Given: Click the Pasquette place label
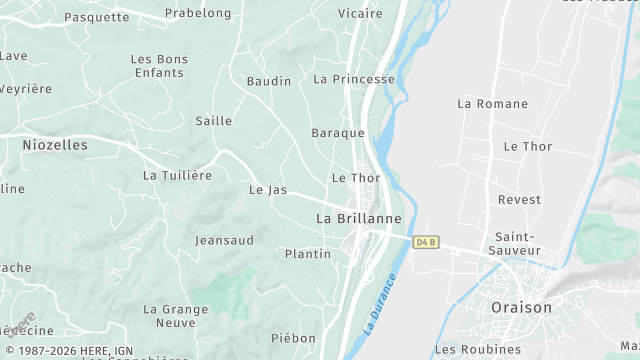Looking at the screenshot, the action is pos(97,17).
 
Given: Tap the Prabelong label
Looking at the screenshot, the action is pos(198,13).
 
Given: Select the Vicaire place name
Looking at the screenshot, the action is pos(360,13).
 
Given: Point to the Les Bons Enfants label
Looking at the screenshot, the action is pos(158,66).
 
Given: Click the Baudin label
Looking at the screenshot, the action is pos(269,81).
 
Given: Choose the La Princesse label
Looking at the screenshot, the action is pos(354,78).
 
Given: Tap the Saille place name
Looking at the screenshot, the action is pos(214,121).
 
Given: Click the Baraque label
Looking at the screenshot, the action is pos(338,133).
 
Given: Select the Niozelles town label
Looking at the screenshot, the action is pos(55,145).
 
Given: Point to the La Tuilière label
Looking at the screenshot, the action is pos(178,175).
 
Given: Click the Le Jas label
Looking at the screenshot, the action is pos(268,189).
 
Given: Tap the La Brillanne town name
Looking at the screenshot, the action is pos(359,218).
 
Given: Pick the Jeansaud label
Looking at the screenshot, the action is pos(224,240).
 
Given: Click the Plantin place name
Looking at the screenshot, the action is pos(308,254).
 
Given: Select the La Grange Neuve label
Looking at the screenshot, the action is pos(176,316).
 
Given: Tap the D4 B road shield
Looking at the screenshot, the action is pos(425,242).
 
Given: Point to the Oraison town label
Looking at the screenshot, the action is pos(521,308).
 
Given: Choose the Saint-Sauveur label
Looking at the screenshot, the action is pos(517,243).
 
